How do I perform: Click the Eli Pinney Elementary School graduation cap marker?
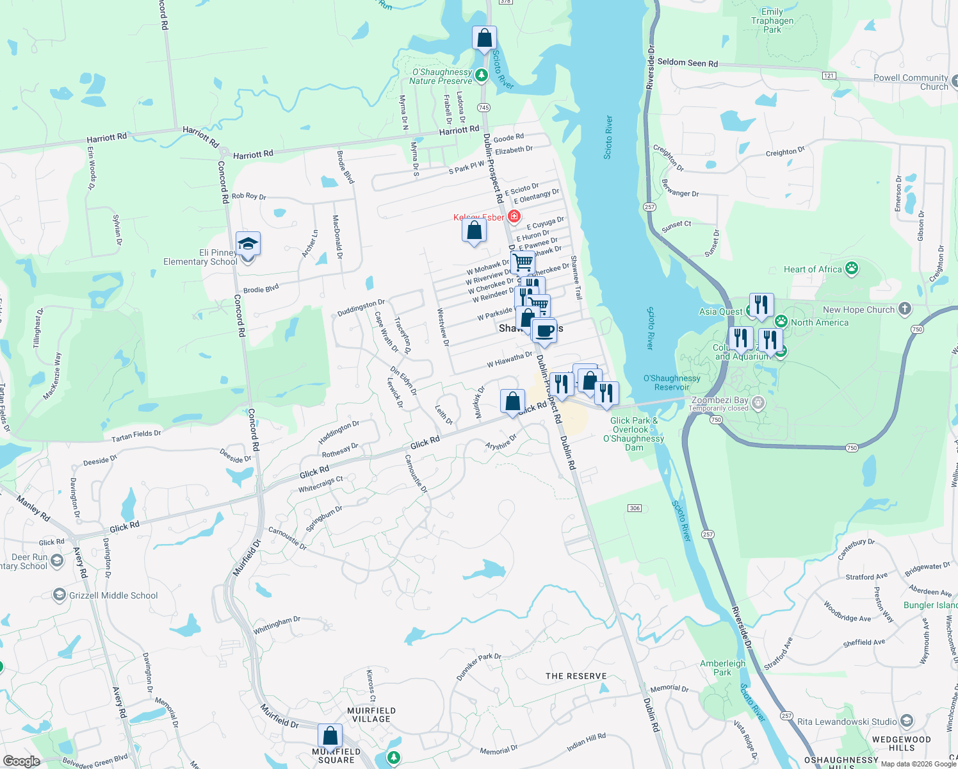tap(248, 244)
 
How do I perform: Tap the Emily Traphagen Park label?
tap(772, 21)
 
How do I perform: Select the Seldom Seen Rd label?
tap(688, 63)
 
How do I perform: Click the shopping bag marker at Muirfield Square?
tap(330, 736)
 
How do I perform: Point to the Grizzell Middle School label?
tap(113, 595)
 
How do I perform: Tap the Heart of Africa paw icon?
tap(852, 268)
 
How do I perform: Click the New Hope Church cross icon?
tap(905, 309)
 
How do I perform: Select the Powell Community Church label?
tap(911, 82)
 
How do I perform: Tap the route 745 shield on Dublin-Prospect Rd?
tap(483, 108)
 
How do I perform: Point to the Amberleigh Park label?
tap(722, 668)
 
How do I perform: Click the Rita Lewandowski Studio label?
tap(847, 722)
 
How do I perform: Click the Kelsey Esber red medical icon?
tap(514, 216)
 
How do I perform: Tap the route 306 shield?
tap(635, 508)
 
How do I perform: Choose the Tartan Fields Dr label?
tap(136, 436)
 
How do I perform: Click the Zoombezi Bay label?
tap(720, 400)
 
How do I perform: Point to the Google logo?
tap(21, 761)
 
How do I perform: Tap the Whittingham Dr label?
tap(277, 625)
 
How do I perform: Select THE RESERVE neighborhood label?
tap(576, 676)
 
